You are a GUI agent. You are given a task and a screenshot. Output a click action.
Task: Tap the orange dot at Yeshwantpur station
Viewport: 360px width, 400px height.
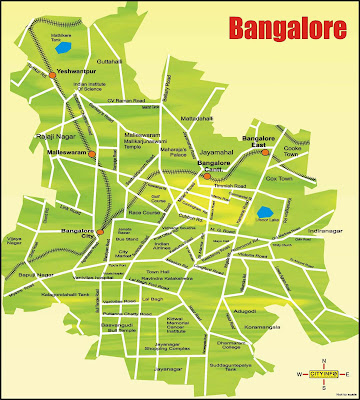[51, 73]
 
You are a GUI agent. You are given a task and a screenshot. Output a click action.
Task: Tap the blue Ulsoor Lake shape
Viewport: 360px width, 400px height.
[265, 212]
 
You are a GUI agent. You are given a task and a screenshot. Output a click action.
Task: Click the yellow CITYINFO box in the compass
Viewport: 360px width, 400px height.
[322, 373]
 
